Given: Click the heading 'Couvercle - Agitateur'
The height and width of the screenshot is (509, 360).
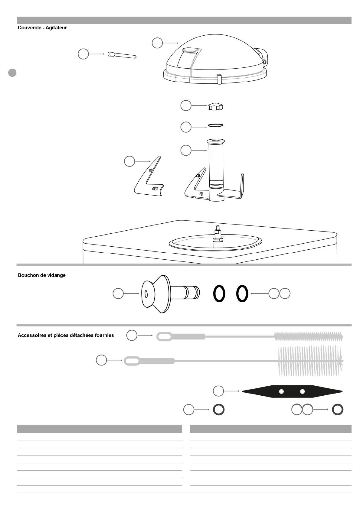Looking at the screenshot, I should [42, 28].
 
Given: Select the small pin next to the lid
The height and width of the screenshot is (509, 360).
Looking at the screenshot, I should [122, 55].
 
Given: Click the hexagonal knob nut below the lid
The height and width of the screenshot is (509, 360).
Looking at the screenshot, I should [216, 107].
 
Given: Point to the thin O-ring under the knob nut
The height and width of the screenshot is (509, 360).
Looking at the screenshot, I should [216, 125].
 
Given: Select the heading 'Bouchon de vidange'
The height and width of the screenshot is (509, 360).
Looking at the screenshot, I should [42, 275].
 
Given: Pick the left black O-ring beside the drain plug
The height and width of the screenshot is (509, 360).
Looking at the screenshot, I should [219, 293].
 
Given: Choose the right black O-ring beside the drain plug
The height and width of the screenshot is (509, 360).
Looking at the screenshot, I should [242, 293].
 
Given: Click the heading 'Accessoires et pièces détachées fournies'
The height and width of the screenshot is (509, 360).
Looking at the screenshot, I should [66, 335].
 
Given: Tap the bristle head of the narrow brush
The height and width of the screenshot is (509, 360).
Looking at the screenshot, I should [309, 336].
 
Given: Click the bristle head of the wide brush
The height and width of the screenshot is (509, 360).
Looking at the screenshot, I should [310, 361].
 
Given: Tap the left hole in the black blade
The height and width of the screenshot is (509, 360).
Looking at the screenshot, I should [281, 391].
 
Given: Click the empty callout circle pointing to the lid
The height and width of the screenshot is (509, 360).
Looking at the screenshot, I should [157, 43].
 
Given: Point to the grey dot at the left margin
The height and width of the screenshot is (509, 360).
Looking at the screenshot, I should [12, 73].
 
